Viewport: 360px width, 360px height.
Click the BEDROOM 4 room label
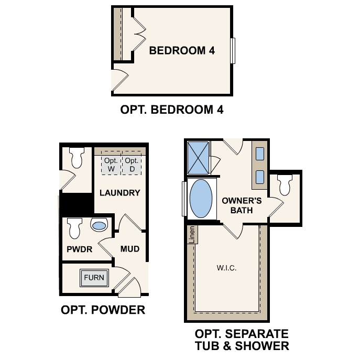182,51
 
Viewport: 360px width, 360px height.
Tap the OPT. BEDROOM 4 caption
172,111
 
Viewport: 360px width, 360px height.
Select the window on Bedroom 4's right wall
234,51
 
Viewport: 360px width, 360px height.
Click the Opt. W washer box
111,165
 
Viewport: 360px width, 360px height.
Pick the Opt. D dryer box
132,165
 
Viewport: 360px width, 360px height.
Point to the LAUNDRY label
120,193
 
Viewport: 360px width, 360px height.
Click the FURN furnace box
94,278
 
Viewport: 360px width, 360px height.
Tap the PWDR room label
79,249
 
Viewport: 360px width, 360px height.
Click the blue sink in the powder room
99,226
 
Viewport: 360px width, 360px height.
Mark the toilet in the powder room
74,227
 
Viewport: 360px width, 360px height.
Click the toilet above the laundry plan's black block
78,158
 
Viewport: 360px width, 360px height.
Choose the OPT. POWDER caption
103,310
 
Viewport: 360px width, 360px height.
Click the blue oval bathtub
201,200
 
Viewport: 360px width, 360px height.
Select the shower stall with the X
199,158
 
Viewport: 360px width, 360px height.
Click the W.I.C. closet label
227,268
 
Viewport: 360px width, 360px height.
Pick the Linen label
192,235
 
